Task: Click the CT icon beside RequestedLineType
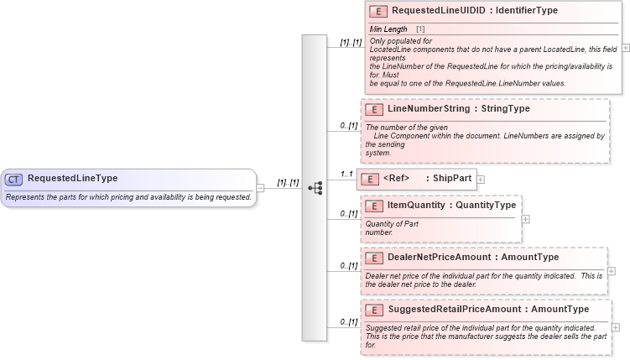click(x=14, y=179)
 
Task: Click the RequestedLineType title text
click(x=72, y=178)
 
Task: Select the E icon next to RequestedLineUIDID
click(x=378, y=12)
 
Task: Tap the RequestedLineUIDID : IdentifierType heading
click(x=473, y=11)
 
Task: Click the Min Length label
click(x=389, y=29)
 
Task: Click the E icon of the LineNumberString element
click(x=373, y=110)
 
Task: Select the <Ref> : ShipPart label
click(x=427, y=178)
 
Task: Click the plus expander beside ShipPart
click(x=481, y=179)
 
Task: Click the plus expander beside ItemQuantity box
click(x=525, y=219)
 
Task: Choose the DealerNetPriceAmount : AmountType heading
click(x=472, y=257)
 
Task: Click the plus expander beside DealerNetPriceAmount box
click(x=612, y=271)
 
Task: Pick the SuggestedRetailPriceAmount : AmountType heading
click(x=487, y=310)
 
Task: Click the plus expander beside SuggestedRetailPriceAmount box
click(x=616, y=327)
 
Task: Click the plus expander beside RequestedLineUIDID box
click(x=626, y=48)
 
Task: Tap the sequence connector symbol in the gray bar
click(x=315, y=188)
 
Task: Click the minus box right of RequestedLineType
click(x=260, y=188)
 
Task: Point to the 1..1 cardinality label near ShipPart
click(x=346, y=174)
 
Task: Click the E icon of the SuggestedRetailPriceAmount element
click(x=373, y=310)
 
